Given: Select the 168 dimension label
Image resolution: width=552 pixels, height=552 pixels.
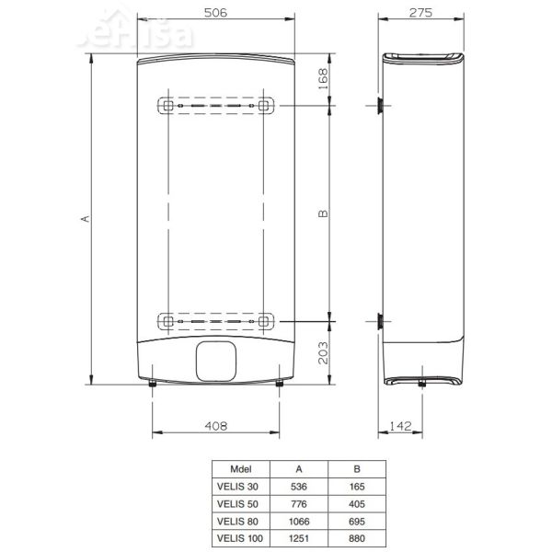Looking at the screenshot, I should coord(322,77).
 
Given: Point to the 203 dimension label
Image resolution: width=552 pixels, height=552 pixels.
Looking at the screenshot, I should coord(322,351).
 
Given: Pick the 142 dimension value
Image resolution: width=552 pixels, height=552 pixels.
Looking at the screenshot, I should coord(400,425).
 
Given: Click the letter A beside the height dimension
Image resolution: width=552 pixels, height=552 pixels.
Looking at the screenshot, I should coord(84,218).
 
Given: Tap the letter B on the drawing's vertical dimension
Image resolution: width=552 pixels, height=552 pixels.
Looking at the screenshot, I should coord(322,213).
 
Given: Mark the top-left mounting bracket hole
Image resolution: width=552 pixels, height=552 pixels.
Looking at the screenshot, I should coord(167,106).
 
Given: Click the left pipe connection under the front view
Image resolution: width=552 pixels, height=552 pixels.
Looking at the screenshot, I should coord(152,386).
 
